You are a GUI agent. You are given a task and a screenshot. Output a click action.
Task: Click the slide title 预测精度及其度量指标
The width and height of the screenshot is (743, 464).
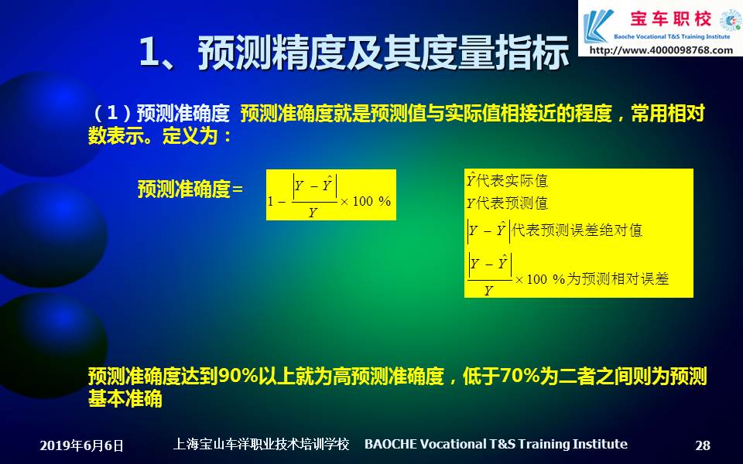click(x=383, y=53)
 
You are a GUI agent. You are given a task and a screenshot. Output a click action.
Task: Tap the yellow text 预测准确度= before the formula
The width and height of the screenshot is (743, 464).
click(x=190, y=189)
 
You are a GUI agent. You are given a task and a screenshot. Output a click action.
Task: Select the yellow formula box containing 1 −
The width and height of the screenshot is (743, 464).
click(x=330, y=195)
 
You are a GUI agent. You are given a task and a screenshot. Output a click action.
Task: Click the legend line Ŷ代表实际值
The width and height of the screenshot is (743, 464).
click(x=507, y=180)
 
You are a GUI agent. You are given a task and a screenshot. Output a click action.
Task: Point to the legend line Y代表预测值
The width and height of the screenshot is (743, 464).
click(x=507, y=203)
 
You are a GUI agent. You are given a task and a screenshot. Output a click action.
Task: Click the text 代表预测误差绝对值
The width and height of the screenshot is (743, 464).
click(x=577, y=230)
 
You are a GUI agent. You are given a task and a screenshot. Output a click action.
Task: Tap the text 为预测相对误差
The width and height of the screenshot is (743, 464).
click(x=618, y=278)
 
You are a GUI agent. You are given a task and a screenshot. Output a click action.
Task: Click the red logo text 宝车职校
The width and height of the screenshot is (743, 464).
click(x=670, y=19)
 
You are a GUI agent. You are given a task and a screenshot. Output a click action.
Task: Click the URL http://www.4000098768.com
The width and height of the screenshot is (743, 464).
click(x=661, y=49)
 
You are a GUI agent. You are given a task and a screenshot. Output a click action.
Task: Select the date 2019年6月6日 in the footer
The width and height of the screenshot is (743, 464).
click(x=81, y=445)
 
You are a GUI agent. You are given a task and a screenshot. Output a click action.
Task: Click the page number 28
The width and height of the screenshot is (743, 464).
click(x=703, y=445)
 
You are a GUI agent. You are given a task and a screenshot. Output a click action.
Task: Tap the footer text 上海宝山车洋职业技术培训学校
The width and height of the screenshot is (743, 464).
click(x=261, y=444)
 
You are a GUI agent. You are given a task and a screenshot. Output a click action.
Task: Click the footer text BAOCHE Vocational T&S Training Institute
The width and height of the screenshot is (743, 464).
click(x=495, y=444)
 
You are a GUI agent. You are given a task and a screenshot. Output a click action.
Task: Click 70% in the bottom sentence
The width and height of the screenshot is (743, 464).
click(x=520, y=377)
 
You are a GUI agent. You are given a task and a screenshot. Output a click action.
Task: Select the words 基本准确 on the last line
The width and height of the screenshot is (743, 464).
click(x=125, y=399)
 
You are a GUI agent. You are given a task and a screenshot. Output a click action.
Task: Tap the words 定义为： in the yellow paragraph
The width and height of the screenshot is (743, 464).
click(x=197, y=136)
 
